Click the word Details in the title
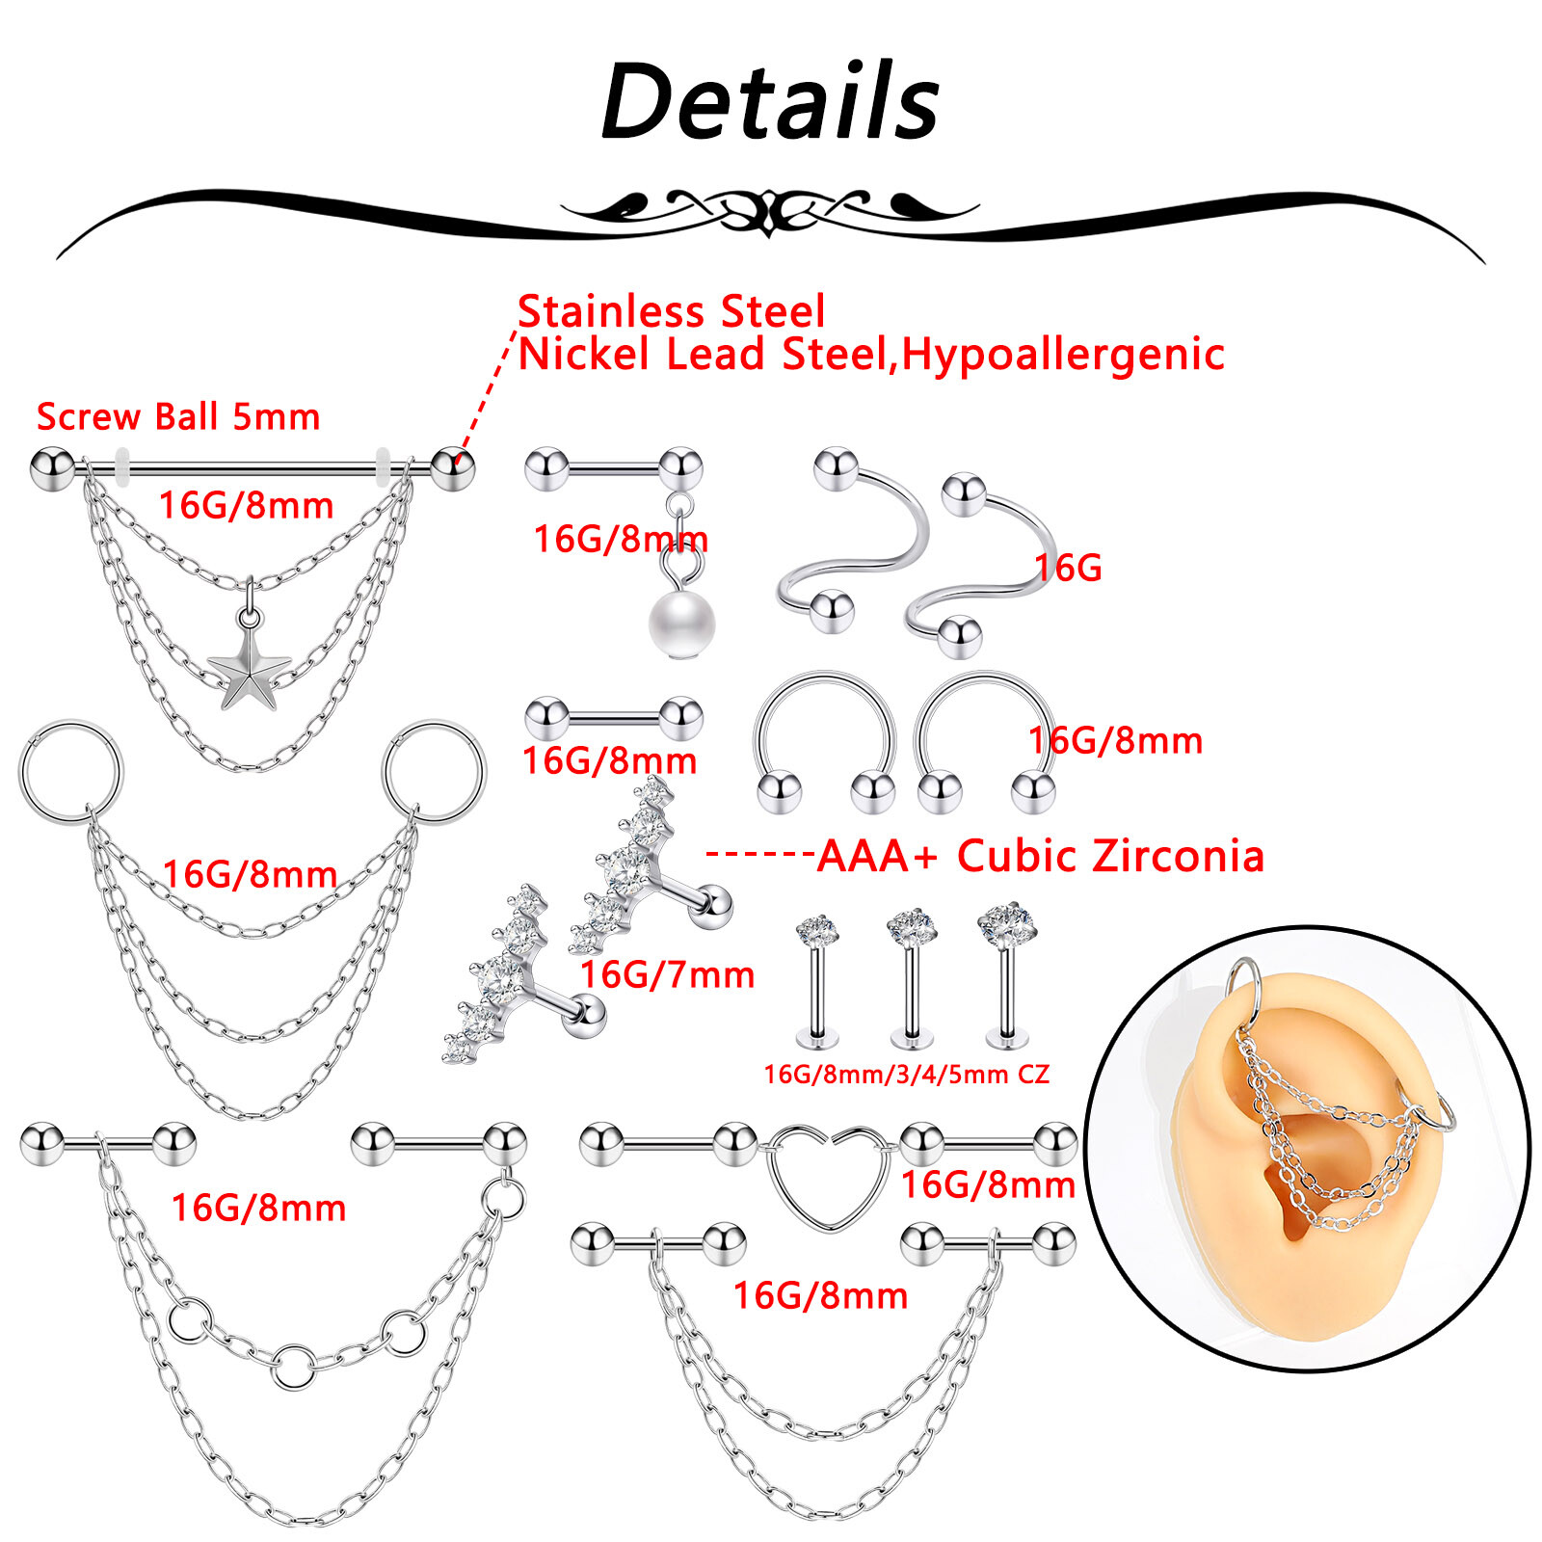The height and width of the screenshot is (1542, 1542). coord(770,102)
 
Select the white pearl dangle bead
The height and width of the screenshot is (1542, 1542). coord(681,623)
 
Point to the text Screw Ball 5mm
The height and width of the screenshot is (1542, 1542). coord(178,416)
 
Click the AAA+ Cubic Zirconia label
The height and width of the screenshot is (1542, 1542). coord(1040,856)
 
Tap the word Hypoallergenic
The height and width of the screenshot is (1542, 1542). coord(1063,355)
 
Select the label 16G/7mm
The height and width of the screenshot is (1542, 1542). coord(667,974)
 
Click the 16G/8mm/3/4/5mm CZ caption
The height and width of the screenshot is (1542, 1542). coord(906,1074)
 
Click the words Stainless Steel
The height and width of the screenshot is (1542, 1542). coord(671,311)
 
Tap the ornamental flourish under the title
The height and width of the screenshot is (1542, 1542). coord(770,209)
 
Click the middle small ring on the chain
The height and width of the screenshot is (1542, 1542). coord(292,1366)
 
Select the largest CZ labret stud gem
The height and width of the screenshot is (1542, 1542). coord(1006,923)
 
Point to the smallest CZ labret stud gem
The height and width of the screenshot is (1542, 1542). coord(817,929)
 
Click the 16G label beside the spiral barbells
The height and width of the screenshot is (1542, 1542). coord(1068,568)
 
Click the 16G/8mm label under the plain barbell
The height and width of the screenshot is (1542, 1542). coord(609,760)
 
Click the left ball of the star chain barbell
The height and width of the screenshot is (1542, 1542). coord(52,468)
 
